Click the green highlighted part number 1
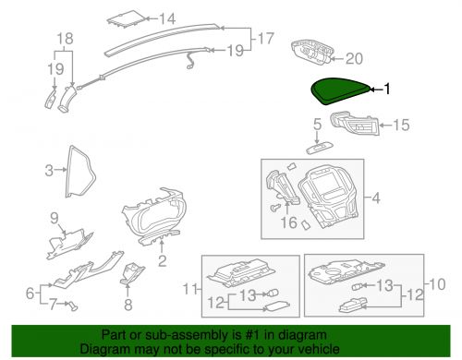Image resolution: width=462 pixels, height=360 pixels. pos(339,90)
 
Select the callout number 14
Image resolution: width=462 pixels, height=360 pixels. pos(167,18)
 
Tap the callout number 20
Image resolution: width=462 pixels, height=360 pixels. pos(354,58)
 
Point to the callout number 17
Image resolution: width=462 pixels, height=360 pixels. pos(265,39)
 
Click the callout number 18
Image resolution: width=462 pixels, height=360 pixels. pos(66,39)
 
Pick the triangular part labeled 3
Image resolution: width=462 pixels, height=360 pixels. pos(68,173)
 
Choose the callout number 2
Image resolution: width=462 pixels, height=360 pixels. pos(163,261)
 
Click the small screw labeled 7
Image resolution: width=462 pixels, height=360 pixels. pos(73,306)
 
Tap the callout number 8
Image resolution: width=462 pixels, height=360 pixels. pos(128,305)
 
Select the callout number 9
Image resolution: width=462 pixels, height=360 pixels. pos(55,218)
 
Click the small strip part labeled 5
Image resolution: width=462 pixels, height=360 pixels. pos(320,149)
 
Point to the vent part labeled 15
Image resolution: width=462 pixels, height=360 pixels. pos(355,123)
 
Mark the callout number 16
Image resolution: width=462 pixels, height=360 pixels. pos(289,222)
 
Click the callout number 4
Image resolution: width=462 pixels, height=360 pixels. pos(376,198)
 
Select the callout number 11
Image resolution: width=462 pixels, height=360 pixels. pos(190,289)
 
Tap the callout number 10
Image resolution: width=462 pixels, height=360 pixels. pos(437,284)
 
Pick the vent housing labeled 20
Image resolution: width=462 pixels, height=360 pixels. pos(311,52)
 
